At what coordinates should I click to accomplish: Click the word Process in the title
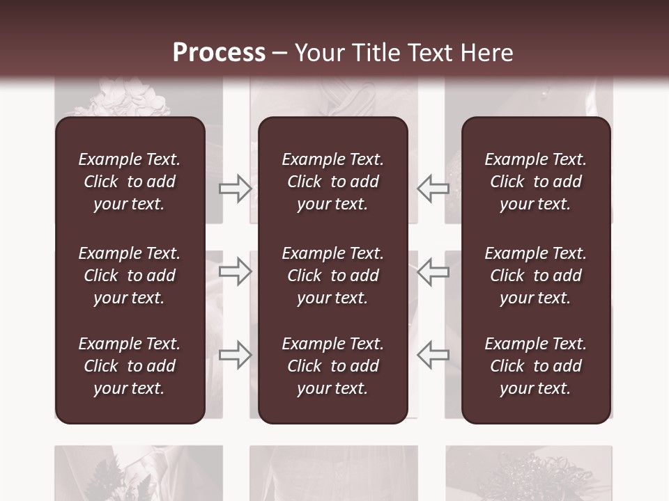[219, 53]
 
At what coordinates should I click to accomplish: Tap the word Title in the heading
[377, 53]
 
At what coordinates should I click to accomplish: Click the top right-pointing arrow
[236, 189]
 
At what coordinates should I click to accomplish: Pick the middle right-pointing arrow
[236, 271]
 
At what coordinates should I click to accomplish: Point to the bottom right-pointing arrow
[236, 354]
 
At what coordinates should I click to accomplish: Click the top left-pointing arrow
[433, 189]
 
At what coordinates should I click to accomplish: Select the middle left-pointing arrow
[433, 271]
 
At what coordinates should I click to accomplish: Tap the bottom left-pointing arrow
[433, 354]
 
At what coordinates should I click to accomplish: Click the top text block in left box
[130, 182]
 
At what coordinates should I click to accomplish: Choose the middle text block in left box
[130, 276]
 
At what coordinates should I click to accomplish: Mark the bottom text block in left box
[130, 366]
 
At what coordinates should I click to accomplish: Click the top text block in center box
[332, 182]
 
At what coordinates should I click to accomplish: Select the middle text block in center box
[332, 276]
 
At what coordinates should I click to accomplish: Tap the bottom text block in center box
[332, 366]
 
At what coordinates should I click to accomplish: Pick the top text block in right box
[536, 182]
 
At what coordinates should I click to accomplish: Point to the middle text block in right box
[536, 276]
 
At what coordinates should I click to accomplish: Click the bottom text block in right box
[536, 366]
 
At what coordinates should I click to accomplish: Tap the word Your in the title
[320, 53]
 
